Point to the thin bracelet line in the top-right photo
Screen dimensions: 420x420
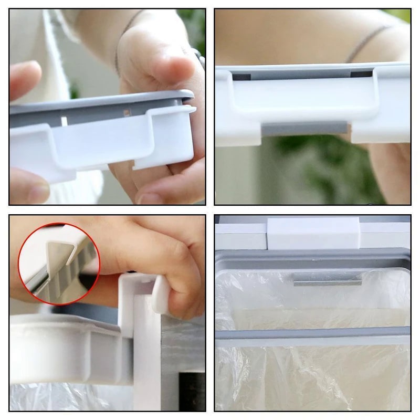click(x=367, y=42)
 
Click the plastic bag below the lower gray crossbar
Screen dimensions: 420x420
click(x=312, y=378)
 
